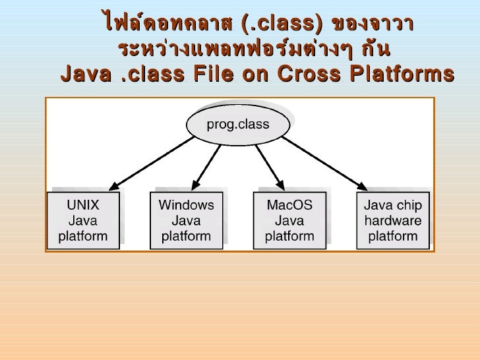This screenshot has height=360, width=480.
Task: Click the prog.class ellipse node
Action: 239,125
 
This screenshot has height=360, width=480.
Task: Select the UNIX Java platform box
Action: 83,220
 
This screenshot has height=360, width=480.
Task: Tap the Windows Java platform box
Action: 187,220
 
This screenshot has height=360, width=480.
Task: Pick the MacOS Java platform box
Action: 289,220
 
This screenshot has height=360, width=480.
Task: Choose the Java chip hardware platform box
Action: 393,220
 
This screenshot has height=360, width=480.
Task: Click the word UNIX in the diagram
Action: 83,204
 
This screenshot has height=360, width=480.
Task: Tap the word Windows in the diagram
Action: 187,204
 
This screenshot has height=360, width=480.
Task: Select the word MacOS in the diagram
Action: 289,204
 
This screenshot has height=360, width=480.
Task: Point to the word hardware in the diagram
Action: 393,220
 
